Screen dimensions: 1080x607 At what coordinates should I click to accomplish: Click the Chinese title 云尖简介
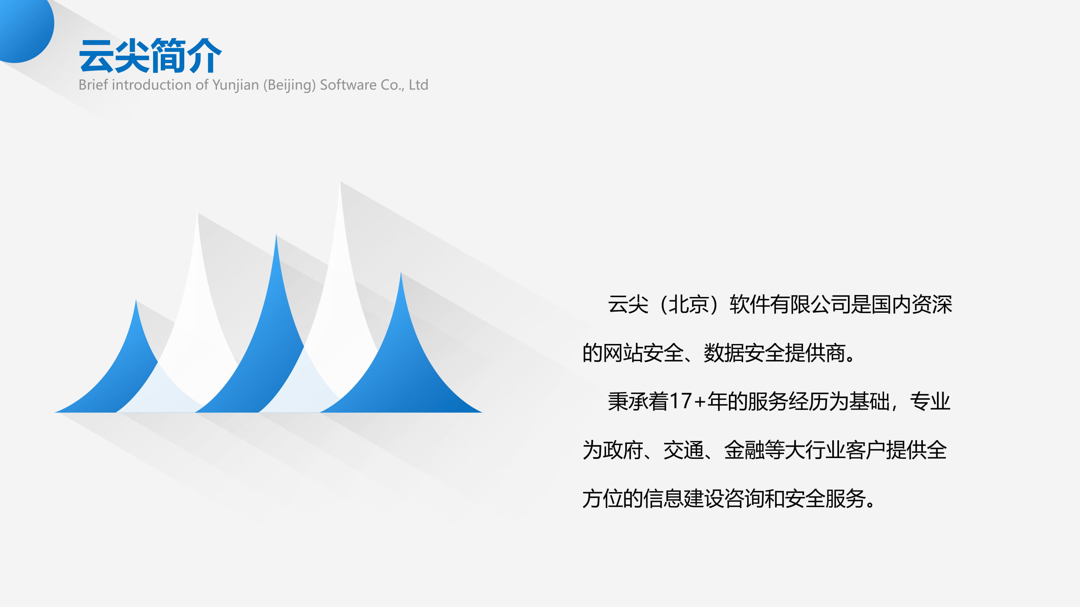[150, 56]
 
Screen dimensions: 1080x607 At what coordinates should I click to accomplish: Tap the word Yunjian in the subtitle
[236, 85]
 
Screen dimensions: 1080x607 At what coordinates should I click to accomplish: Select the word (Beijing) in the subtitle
[289, 85]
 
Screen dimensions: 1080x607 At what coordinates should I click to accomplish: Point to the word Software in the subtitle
[348, 85]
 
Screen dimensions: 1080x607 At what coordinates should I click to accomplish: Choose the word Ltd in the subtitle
[418, 85]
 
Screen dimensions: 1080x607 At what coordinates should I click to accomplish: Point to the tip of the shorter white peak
[198, 212]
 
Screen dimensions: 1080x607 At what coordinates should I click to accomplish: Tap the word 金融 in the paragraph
[744, 450]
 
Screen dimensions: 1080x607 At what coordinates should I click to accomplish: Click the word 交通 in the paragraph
[684, 450]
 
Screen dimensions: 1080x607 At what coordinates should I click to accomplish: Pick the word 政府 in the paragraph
[623, 450]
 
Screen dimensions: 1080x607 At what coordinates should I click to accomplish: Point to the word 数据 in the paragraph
[724, 353]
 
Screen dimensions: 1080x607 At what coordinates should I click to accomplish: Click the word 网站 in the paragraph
[623, 353]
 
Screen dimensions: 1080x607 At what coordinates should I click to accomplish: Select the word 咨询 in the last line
[744, 499]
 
